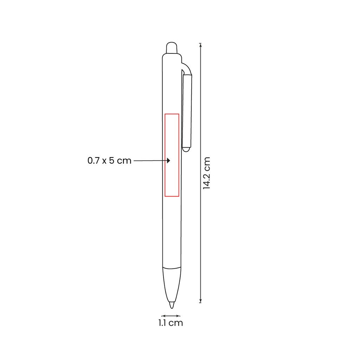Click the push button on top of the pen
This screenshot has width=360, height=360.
point(172,48)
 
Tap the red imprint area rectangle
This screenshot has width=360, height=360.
point(165,155)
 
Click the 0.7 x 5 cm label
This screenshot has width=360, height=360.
point(109,160)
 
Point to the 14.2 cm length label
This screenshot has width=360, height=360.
point(207,173)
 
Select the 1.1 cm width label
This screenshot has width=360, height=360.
point(171,323)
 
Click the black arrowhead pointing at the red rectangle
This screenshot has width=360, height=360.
point(168,160)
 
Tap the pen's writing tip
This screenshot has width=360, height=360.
point(172,305)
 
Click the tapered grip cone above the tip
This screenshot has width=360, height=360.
point(172,285)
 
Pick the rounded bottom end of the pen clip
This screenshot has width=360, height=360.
point(186,149)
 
